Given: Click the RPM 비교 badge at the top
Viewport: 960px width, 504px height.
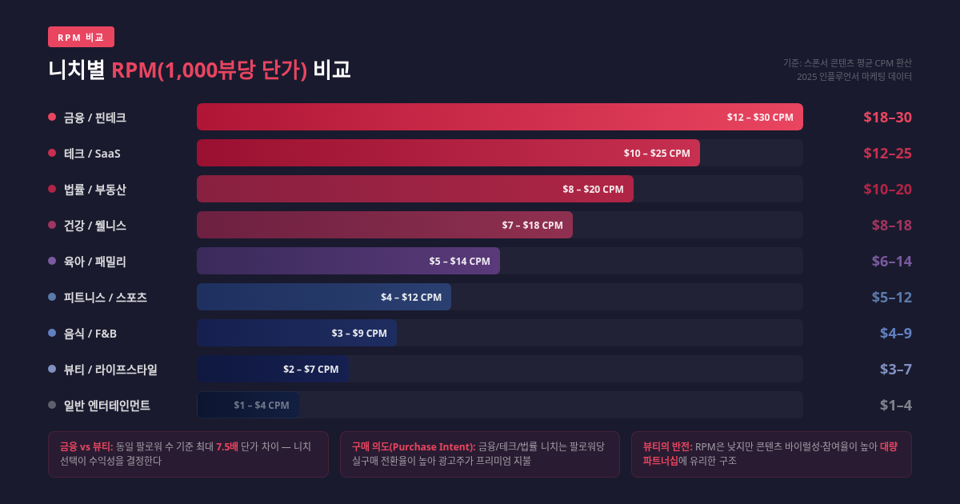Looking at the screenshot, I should point(81,37).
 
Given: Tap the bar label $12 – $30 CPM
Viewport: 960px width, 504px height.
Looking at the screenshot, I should point(759,117).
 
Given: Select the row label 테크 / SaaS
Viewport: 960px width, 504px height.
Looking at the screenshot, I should point(92,153).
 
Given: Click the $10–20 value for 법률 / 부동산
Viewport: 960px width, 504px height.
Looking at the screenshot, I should point(887,189).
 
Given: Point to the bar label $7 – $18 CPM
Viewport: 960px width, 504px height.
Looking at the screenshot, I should point(532,225).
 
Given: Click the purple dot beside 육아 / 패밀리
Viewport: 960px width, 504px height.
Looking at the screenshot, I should point(52,261).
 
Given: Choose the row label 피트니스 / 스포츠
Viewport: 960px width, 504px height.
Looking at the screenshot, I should point(105,297).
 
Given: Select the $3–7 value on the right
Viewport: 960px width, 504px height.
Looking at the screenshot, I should point(895,369).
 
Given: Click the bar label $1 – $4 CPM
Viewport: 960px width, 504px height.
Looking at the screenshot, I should point(261,405).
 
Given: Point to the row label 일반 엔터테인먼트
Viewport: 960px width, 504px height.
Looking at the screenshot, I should point(106,405).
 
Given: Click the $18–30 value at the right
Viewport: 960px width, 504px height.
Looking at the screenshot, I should point(887,117).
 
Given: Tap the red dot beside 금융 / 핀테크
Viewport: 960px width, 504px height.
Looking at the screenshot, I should point(52,117).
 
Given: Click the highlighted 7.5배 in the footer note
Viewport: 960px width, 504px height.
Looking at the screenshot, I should point(226,446).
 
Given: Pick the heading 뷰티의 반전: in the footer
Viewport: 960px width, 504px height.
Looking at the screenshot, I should point(666,446).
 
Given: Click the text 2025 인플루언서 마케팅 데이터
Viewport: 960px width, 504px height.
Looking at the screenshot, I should point(854,77).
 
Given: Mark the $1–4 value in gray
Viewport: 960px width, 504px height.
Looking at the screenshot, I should point(895,405).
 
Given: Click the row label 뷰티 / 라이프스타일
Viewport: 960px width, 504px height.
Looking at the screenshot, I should point(110,369).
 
